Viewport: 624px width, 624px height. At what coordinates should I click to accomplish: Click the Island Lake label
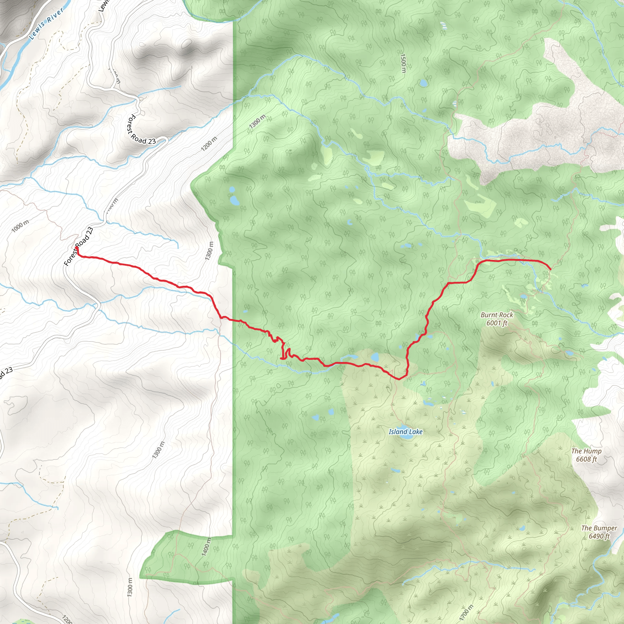click(x=405, y=431)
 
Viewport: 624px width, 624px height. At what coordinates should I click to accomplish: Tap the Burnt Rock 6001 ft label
click(x=497, y=319)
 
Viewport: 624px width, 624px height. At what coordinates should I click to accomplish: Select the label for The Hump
click(x=586, y=451)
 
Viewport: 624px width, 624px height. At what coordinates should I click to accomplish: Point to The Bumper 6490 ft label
click(x=599, y=532)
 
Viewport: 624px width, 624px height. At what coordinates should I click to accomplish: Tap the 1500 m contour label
click(x=403, y=63)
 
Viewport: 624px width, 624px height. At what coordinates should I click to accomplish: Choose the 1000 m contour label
click(x=20, y=226)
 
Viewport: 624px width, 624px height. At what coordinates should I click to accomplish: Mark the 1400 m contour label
click(x=206, y=547)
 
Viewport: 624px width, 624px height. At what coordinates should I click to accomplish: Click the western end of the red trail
click(x=76, y=248)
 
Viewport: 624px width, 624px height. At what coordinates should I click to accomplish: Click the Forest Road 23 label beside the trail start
click(x=79, y=246)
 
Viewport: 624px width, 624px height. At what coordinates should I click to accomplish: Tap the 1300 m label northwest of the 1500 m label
click(x=257, y=122)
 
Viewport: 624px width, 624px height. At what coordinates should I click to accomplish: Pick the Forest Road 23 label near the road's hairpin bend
click(x=141, y=129)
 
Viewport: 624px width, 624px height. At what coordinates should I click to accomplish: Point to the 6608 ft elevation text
click(x=586, y=459)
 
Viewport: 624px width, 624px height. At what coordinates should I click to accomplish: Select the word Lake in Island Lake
click(x=415, y=431)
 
